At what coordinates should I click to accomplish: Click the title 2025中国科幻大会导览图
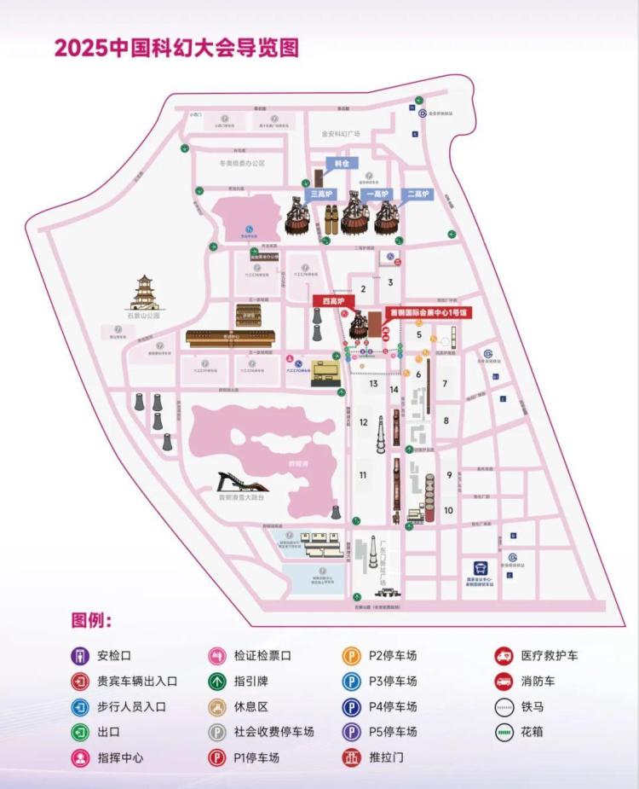point(176,47)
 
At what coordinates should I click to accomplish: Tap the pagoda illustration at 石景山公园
point(144,293)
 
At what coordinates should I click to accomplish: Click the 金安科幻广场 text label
point(341,134)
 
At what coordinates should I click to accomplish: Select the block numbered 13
point(373,384)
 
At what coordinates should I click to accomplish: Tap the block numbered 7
point(445,384)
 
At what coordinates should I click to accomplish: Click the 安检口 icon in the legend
point(79,656)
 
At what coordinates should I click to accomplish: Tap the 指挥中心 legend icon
point(79,757)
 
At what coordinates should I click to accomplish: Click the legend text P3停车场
point(393,682)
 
